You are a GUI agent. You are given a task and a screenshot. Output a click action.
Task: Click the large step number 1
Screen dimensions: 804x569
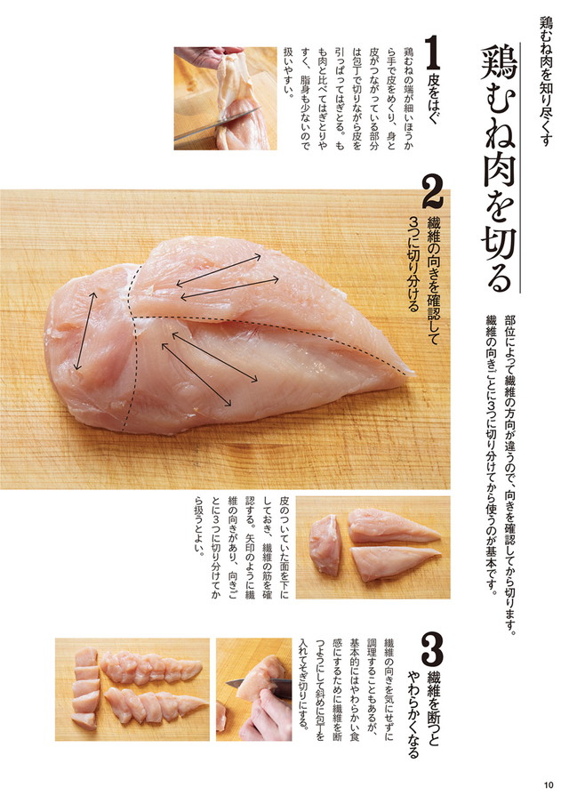click(432, 55)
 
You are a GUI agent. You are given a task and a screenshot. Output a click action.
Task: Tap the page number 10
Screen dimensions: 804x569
click(547, 784)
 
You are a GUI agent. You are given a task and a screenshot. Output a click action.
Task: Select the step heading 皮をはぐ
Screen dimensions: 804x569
click(433, 102)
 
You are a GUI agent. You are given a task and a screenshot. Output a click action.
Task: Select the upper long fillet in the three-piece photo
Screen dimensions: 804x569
click(391, 527)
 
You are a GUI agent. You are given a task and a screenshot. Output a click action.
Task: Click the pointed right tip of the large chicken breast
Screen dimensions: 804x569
click(408, 374)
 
